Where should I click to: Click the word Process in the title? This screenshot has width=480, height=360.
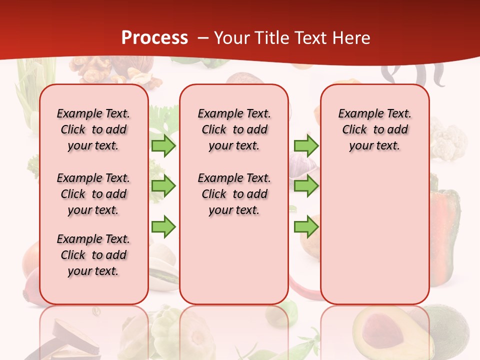[x=154, y=38]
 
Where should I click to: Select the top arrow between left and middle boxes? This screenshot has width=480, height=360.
[x=163, y=145]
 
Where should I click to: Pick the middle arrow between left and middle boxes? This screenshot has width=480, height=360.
[x=163, y=186]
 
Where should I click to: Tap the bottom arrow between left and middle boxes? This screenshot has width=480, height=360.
[x=163, y=226]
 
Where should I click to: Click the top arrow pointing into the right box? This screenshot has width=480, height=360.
[x=306, y=145]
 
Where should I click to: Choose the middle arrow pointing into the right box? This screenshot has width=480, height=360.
[x=306, y=186]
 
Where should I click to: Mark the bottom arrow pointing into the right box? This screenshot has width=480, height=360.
[x=306, y=226]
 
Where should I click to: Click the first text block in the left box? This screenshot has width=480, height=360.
[x=93, y=129]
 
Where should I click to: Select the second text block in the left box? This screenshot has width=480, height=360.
[x=93, y=194]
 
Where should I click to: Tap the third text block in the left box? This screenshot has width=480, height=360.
[x=93, y=255]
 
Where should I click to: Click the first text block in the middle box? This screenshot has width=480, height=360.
[x=234, y=129]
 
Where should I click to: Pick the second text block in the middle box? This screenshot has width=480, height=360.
[x=234, y=194]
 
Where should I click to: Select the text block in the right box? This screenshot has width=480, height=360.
[x=375, y=129]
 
